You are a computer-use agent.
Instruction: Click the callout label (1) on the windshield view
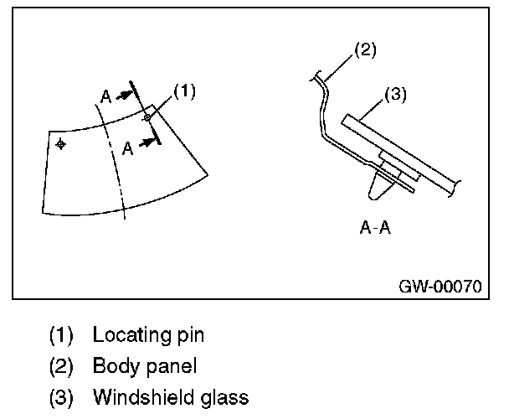(x=185, y=91)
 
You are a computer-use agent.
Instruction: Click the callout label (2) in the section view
(x=364, y=49)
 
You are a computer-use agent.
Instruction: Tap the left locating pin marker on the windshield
(x=60, y=145)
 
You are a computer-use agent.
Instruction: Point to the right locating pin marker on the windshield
(x=147, y=118)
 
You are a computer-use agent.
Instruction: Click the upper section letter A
(x=106, y=96)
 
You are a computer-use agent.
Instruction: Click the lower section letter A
(x=127, y=148)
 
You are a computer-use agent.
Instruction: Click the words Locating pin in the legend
(x=148, y=336)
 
